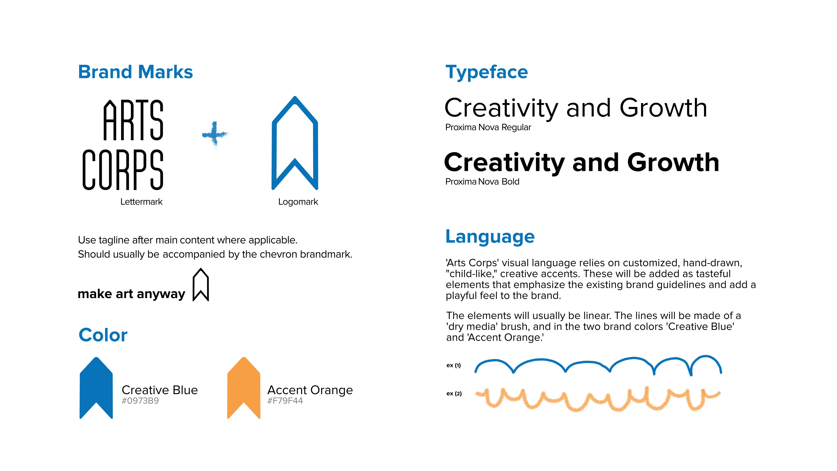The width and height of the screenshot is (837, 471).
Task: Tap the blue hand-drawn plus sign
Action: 215,134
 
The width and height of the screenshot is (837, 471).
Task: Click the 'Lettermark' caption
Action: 141,202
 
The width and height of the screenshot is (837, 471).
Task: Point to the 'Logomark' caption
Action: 298,202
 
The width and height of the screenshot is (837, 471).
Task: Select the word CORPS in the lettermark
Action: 123,170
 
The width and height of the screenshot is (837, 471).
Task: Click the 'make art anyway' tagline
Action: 131,294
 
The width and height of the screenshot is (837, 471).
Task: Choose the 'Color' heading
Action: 103,335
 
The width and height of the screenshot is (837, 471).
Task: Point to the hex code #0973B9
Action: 140,401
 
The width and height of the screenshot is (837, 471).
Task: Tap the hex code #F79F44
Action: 285,401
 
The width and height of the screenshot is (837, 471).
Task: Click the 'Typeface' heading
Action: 487,72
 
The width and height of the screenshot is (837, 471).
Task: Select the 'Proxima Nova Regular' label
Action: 488,127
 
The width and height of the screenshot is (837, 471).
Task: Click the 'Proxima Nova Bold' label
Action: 482,182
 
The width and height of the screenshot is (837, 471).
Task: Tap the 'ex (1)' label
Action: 454,365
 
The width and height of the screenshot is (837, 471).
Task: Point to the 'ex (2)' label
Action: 454,394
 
